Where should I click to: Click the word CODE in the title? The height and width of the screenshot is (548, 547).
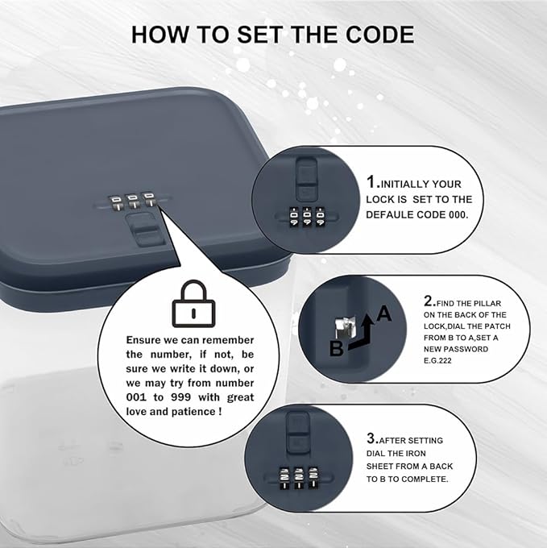point(380,34)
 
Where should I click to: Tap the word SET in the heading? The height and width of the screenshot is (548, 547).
point(260,34)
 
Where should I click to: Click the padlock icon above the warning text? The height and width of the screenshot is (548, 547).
point(194,303)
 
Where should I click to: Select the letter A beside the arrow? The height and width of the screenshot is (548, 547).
point(384,313)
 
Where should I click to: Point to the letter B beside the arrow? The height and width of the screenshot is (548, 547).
point(337,348)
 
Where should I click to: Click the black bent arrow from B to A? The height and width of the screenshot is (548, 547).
point(363,335)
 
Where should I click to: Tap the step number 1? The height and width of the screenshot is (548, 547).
point(372,182)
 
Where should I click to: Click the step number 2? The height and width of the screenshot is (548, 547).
point(429,301)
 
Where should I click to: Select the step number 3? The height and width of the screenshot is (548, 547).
point(372,438)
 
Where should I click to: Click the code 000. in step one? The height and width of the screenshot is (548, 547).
point(458,214)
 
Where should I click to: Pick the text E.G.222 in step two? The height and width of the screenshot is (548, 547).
point(437,361)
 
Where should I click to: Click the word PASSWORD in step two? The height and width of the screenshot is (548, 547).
point(466,349)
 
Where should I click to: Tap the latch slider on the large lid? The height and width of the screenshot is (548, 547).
point(145,229)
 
